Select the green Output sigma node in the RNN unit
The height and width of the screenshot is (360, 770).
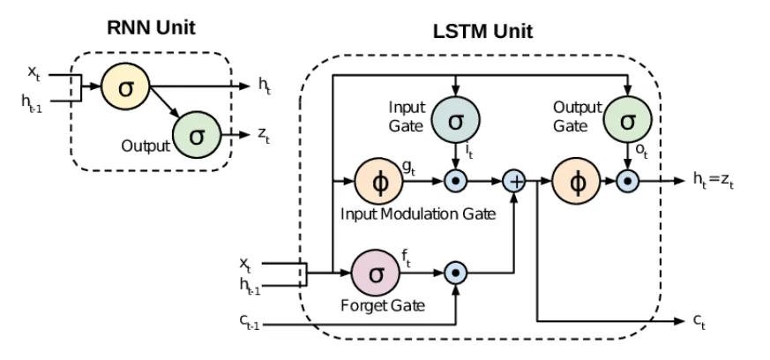[196, 136]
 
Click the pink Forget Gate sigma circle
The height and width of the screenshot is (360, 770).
[376, 273]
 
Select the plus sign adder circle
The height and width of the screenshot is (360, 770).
[513, 182]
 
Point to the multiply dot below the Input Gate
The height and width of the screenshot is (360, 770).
[455, 182]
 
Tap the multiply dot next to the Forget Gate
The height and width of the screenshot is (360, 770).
[455, 273]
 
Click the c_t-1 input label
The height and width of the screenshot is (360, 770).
[250, 324]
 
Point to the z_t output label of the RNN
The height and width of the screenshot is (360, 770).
[265, 136]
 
